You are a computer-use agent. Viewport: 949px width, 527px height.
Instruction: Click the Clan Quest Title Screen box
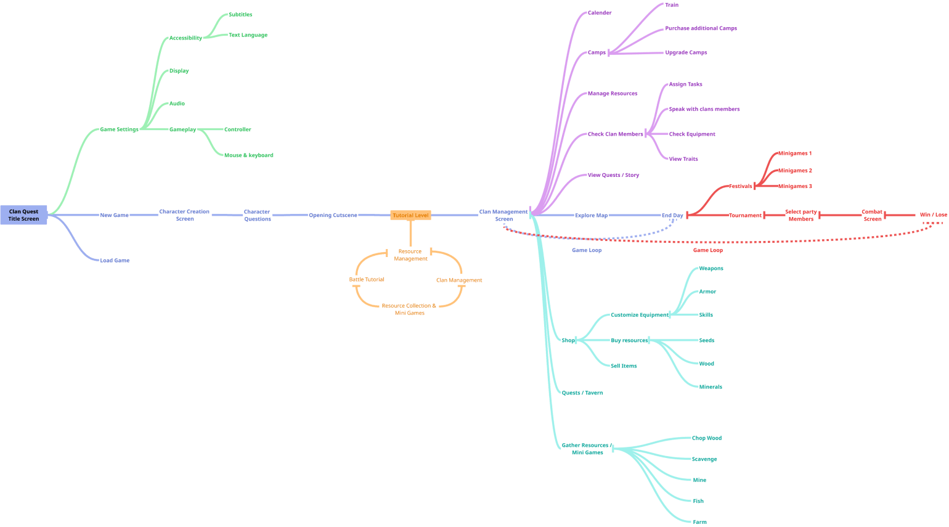pyautogui.click(x=23, y=215)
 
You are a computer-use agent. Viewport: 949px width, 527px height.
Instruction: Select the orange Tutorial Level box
pyautogui.click(x=410, y=215)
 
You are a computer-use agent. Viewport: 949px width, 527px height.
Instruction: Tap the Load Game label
pyautogui.click(x=115, y=260)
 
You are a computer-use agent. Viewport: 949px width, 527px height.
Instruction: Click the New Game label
pyautogui.click(x=115, y=215)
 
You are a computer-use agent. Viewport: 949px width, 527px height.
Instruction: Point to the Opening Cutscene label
pyautogui.click(x=333, y=215)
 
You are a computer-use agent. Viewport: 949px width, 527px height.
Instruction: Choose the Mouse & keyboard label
pyautogui.click(x=248, y=155)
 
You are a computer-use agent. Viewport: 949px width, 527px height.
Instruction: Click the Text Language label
pyautogui.click(x=248, y=35)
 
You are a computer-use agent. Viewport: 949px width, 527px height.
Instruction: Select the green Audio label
pyautogui.click(x=177, y=104)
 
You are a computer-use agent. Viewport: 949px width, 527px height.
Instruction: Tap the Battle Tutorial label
pyautogui.click(x=367, y=280)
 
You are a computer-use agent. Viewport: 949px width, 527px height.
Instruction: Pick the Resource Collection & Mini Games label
pyautogui.click(x=409, y=309)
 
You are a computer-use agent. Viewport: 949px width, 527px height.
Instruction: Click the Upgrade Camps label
pyautogui.click(x=686, y=53)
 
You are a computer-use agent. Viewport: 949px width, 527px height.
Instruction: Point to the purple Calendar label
pyautogui.click(x=599, y=12)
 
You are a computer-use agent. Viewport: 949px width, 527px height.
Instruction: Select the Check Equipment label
pyautogui.click(x=692, y=134)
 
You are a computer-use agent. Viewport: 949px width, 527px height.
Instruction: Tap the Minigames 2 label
pyautogui.click(x=794, y=170)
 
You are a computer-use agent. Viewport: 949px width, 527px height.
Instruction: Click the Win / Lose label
pyautogui.click(x=934, y=215)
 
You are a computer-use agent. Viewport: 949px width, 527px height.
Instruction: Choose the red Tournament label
pyautogui.click(x=746, y=215)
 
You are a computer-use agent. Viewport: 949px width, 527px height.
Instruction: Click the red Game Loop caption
pyautogui.click(x=708, y=250)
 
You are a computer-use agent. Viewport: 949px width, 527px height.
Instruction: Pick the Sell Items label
pyautogui.click(x=624, y=366)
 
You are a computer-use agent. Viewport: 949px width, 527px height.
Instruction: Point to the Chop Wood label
pyautogui.click(x=707, y=438)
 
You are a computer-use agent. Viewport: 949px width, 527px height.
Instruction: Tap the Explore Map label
pyautogui.click(x=591, y=215)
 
